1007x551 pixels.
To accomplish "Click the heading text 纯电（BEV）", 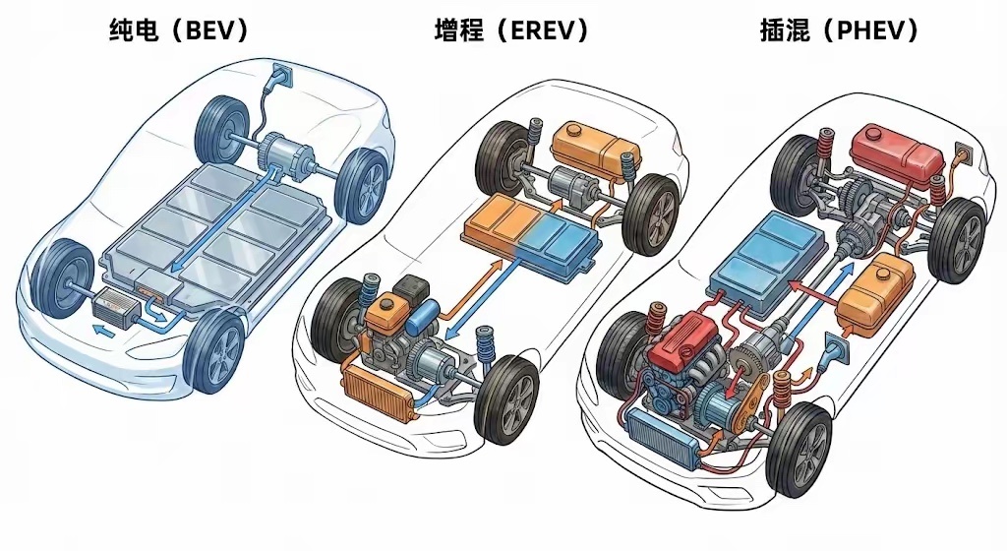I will click(x=177, y=31).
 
